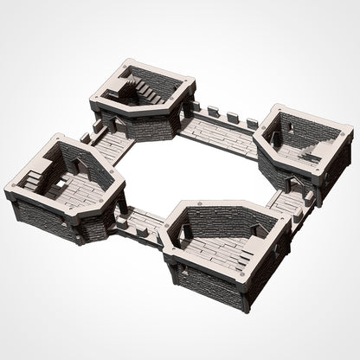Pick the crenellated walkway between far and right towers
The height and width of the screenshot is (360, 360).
tap(221, 130)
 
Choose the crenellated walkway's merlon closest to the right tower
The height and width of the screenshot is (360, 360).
tap(252, 124)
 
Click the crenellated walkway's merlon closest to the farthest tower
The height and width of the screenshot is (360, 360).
tap(195, 106)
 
